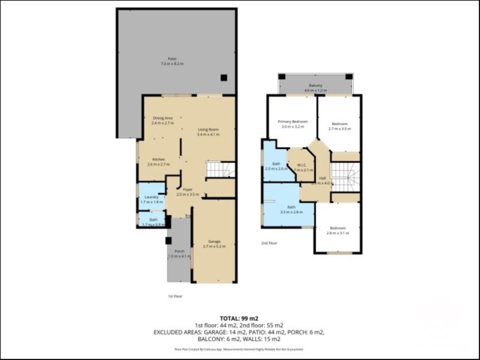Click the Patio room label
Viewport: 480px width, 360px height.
[172, 61]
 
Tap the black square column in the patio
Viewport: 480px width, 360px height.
[223, 77]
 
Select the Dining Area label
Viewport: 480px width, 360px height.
[163, 121]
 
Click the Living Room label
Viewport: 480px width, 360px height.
[209, 132]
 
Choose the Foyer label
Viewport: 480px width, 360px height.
[187, 192]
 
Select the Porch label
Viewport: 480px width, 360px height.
[179, 254]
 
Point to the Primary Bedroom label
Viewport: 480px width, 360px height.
[292, 124]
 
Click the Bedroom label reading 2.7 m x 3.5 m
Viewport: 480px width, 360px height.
[339, 126]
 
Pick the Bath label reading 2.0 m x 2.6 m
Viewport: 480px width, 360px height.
[276, 166]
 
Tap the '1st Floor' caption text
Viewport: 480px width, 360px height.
[175, 296]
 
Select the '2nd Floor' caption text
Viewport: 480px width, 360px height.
[268, 243]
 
